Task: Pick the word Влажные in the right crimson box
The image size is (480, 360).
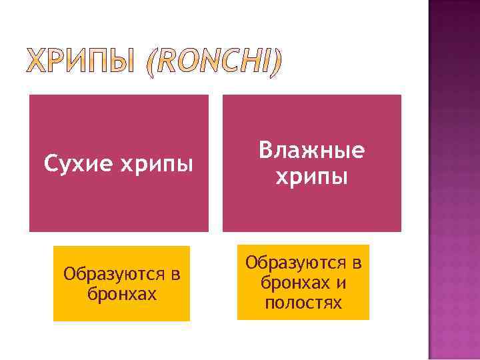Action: tap(312, 151)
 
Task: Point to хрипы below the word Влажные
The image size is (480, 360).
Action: tap(312, 177)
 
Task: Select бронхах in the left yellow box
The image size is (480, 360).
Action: tap(122, 293)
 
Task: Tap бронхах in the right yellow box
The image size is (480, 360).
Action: tap(294, 283)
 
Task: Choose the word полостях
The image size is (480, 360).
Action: tap(303, 303)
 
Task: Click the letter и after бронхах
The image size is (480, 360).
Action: tap(341, 284)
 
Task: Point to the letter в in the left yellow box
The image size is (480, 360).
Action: tap(175, 275)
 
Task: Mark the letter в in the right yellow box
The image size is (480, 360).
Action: tap(357, 263)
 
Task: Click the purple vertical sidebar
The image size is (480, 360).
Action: tap(453, 180)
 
